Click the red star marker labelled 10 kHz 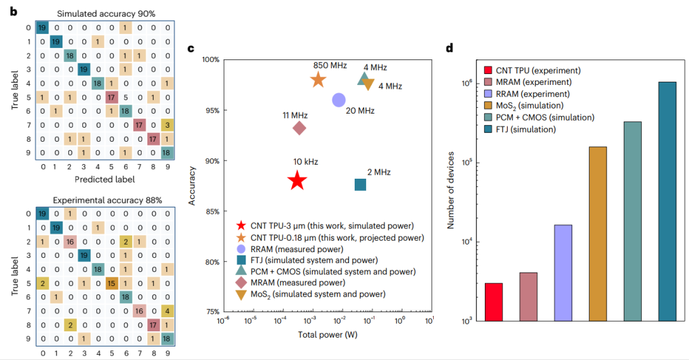297,181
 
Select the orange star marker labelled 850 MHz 318,80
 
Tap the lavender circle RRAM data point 339,100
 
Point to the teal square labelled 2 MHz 360,184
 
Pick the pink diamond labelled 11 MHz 299,128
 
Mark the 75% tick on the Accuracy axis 211,312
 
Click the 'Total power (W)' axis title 325,335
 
